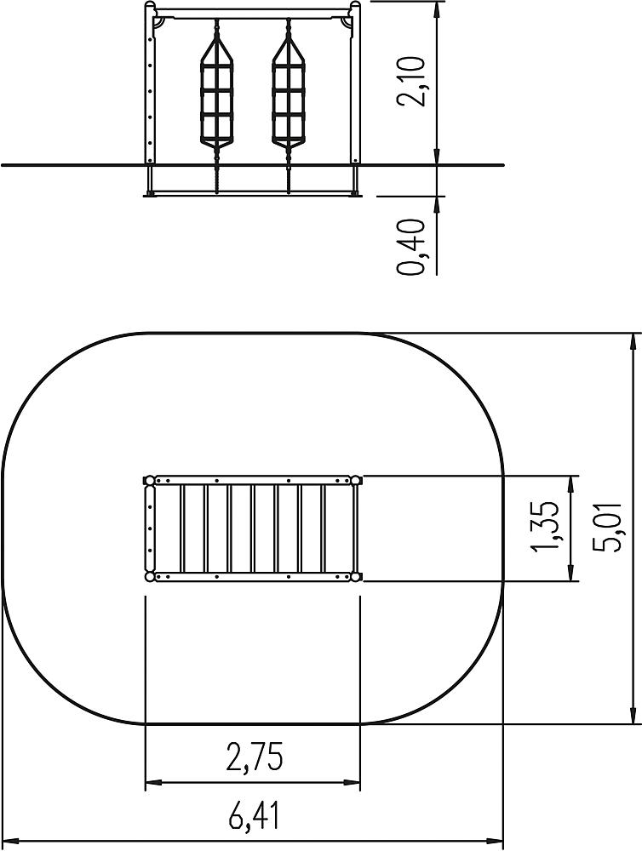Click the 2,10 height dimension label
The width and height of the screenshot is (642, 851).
pyautogui.click(x=410, y=81)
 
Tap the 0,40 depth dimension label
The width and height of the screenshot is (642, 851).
pyautogui.click(x=410, y=247)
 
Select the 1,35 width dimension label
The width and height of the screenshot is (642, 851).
pyautogui.click(x=546, y=528)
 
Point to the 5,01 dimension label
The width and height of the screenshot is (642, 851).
pyautogui.click(x=607, y=528)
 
